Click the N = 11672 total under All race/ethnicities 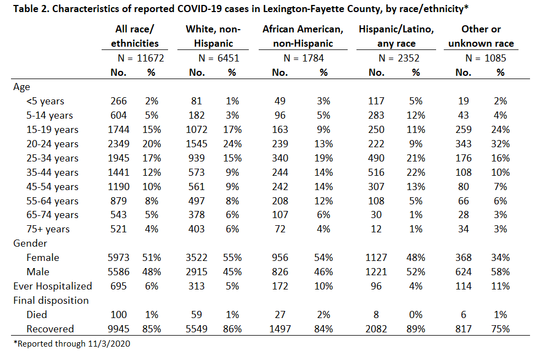pos(141,58)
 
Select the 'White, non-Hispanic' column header pos(213,36)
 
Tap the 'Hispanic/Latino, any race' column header pos(396,36)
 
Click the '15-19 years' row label pos(52,130)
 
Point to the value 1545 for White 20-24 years pos(197,144)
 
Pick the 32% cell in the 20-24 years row pos(500,144)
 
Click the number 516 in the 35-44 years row pos(376,172)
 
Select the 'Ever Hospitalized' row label pos(53,286)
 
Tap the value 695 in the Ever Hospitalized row pos(118,286)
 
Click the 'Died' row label pos(37,315)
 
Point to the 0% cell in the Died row pos(416,315)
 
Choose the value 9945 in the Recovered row pos(118,329)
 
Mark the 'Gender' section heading pos(30,243)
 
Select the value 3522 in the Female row pos(197,258)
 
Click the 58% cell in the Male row pos(500,272)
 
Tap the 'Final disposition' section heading pos(51,300)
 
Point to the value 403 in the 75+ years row pos(197,229)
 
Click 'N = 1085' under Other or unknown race pos(486,58)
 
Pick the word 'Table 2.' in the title pos(31,8)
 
